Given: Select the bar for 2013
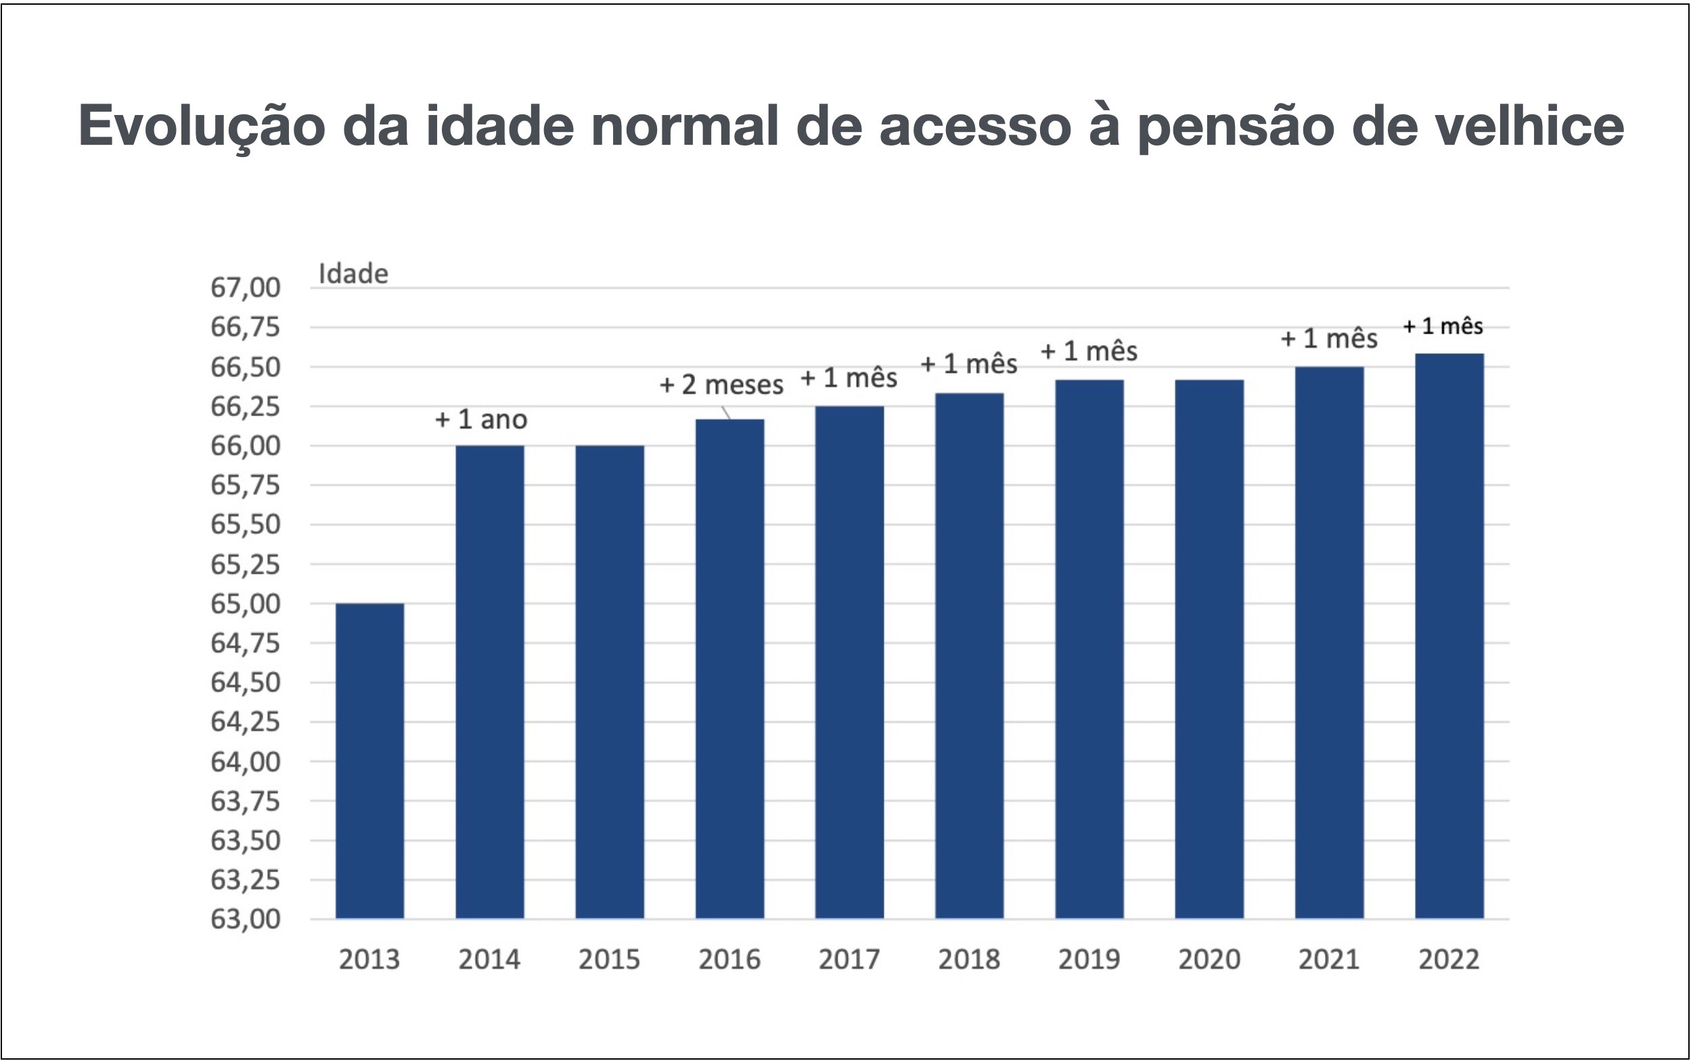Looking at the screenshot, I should [369, 761].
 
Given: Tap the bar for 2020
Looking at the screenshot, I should [1209, 648].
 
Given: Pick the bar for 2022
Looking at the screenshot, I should [1449, 635].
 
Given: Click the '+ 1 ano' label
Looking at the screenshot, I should [481, 420].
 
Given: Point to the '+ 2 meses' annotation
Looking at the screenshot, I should [721, 384].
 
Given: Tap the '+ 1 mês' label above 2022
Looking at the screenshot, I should [1443, 326].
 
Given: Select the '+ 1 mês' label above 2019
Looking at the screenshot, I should [1088, 351].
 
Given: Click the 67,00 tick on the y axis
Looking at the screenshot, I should [245, 288].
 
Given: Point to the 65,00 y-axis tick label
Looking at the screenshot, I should [245, 604].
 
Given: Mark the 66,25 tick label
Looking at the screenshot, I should [245, 406].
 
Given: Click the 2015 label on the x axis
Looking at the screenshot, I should [609, 960].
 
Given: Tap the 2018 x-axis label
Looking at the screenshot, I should [969, 960].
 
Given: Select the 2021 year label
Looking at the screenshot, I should [1329, 960].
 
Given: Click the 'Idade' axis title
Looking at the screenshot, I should [353, 273].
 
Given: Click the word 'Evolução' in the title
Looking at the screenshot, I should [202, 127].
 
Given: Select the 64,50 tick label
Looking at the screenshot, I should [245, 682].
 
